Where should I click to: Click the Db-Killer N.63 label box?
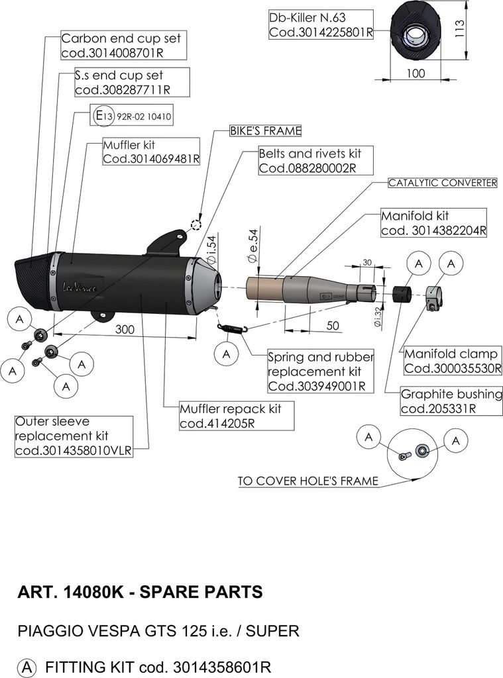tap(321, 24)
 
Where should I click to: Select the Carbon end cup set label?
tap(120, 46)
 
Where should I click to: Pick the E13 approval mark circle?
tap(100, 117)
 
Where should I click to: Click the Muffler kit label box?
tap(150, 152)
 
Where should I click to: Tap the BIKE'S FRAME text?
tap(265, 130)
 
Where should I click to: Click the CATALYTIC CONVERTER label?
tap(442, 183)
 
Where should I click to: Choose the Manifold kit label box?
tap(434, 223)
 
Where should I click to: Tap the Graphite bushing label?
tap(451, 401)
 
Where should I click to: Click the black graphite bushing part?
tap(400, 293)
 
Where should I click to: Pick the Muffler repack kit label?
tap(230, 416)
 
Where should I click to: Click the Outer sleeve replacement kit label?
tap(74, 436)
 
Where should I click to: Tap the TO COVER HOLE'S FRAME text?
tap(308, 481)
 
